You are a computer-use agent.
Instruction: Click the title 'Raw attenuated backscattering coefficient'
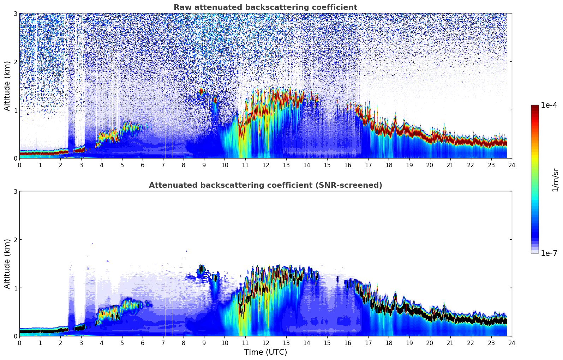click(265, 7)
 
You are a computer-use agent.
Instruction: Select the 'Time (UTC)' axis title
click(265, 352)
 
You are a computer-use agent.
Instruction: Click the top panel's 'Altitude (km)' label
click(7, 86)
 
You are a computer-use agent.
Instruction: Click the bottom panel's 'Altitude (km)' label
click(7, 264)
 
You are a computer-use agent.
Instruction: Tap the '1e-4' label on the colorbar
click(549, 105)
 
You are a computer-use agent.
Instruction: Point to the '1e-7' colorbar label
click(549, 253)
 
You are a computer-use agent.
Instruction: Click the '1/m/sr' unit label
click(555, 179)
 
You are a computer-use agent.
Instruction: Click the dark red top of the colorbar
click(535, 107)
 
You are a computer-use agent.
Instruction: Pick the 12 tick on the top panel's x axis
click(265, 165)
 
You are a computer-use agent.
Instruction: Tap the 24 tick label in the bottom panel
click(512, 343)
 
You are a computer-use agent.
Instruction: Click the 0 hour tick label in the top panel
click(19, 165)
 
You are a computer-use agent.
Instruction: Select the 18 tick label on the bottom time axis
click(389, 343)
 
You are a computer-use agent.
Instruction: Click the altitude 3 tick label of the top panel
click(15, 13)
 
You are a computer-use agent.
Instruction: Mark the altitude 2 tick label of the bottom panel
click(15, 240)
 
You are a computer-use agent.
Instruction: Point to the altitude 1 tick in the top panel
click(15, 110)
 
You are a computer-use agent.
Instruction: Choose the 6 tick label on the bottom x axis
click(143, 343)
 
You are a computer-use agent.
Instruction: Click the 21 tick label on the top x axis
click(450, 165)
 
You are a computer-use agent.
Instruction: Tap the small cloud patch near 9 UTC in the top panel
click(202, 91)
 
